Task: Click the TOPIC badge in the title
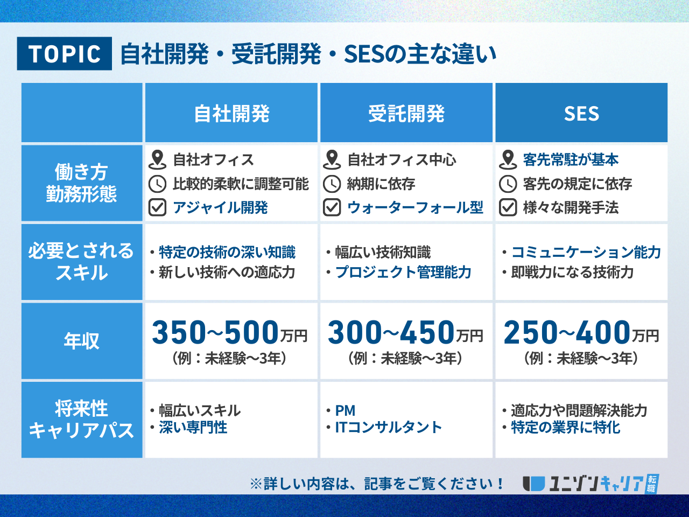(x=65, y=53)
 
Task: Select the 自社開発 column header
(x=231, y=113)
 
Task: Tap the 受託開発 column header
(x=406, y=113)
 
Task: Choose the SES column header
(x=581, y=113)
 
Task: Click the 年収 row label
(x=82, y=341)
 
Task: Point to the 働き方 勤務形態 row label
(x=82, y=183)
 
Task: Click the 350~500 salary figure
(x=215, y=332)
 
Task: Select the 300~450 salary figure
(x=391, y=332)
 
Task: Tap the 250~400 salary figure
(x=567, y=332)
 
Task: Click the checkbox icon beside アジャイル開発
(x=157, y=207)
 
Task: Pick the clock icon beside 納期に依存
(x=332, y=184)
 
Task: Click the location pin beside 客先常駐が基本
(x=508, y=160)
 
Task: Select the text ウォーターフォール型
(x=415, y=207)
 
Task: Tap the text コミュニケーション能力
(x=586, y=253)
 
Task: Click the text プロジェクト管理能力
(x=403, y=272)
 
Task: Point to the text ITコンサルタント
(x=388, y=427)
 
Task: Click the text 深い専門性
(x=193, y=427)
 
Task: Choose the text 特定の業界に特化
(x=566, y=427)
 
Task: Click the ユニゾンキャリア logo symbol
(x=533, y=484)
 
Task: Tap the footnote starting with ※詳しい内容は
(x=377, y=484)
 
